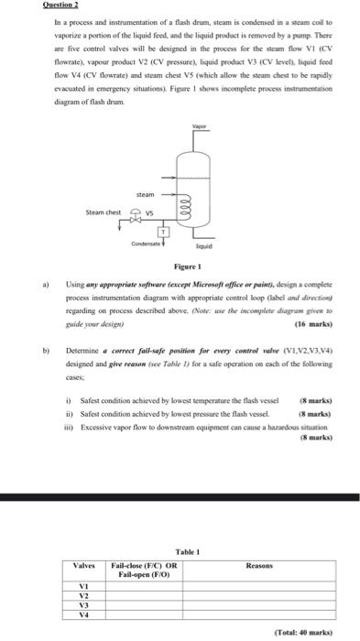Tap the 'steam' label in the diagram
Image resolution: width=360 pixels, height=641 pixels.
pyautogui.click(x=146, y=194)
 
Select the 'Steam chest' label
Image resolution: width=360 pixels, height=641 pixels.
pyautogui.click(x=104, y=212)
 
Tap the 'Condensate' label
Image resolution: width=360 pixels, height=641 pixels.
pyautogui.click(x=147, y=244)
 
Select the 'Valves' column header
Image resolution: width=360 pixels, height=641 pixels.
pyautogui.click(x=84, y=566)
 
